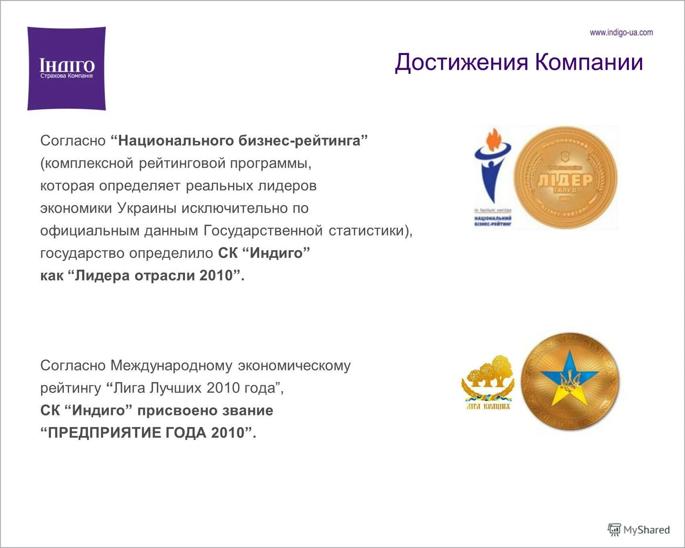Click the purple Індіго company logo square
[67, 68]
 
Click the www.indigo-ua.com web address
[621, 33]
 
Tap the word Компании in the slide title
[589, 62]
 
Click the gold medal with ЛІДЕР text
[565, 178]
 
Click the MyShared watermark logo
[639, 530]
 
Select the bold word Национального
[176, 141]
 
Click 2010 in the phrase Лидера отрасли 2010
[217, 276]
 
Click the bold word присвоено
[175, 411]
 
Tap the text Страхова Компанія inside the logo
[67, 76]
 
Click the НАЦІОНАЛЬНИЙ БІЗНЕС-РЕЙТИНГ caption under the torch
[493, 221]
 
